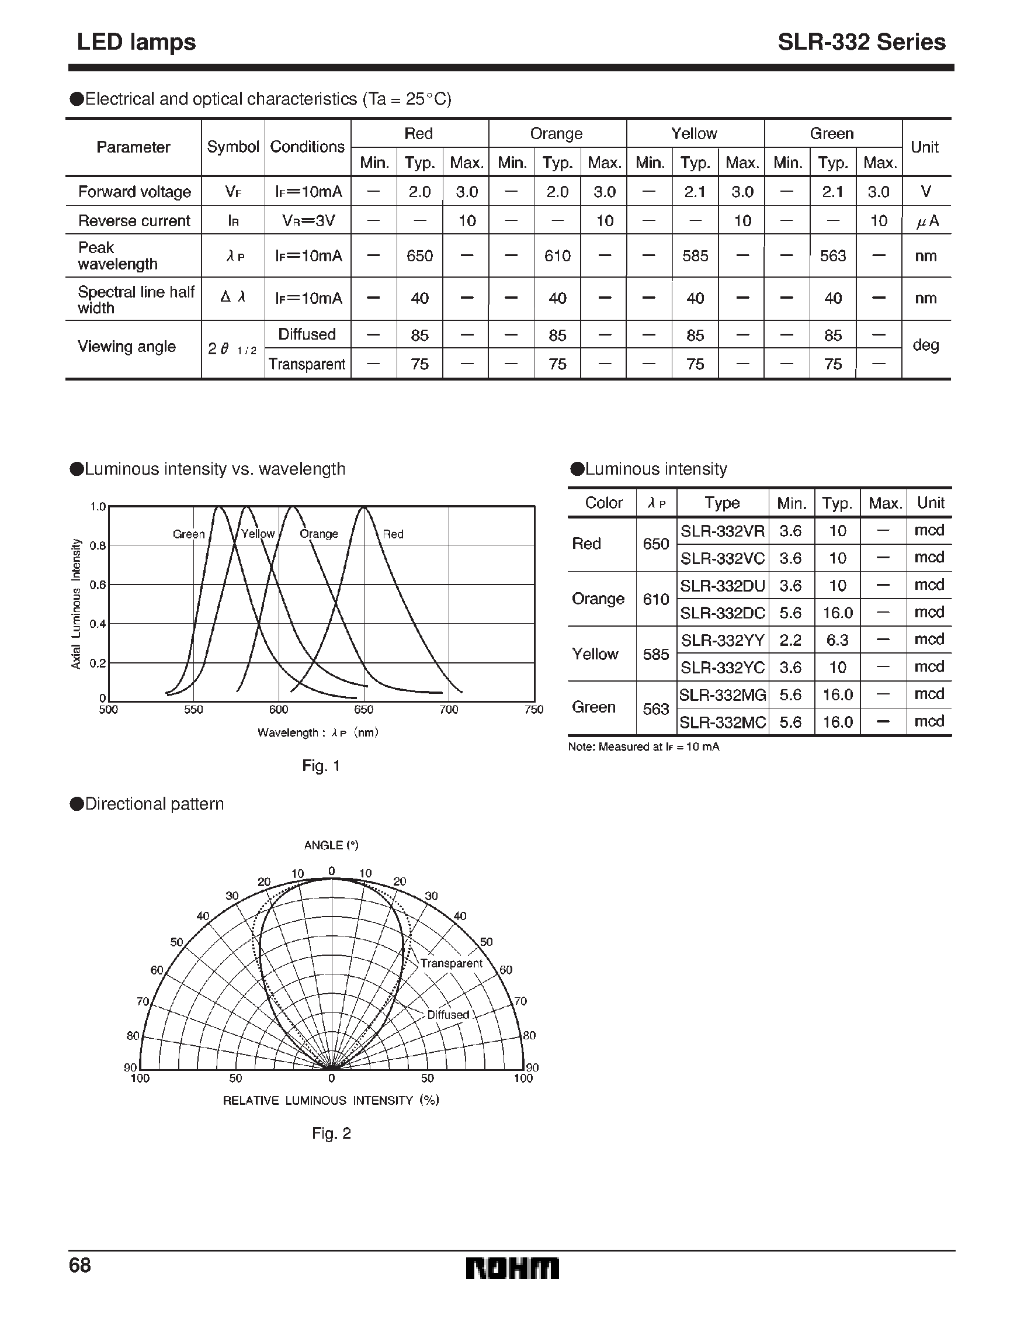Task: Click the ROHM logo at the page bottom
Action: (512, 1268)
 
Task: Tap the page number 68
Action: (79, 1264)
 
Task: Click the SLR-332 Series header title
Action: (860, 42)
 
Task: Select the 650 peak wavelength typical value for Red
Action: (419, 255)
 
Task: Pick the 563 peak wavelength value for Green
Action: (833, 255)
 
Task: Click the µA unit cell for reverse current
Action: (926, 222)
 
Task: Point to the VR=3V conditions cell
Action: (308, 221)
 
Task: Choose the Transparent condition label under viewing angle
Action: (307, 364)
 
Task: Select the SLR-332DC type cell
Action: (722, 613)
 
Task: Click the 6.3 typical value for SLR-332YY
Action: (837, 640)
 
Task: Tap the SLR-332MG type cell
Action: (722, 694)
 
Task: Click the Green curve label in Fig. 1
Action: (189, 534)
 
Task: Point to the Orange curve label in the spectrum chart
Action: (319, 534)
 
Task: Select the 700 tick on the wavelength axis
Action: (449, 710)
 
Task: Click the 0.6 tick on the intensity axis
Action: (98, 585)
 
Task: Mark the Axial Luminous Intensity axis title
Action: (76, 604)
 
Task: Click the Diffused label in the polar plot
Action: (448, 1015)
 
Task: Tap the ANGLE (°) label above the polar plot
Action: (331, 845)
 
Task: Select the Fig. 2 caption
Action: (331, 1133)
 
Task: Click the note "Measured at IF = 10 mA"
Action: (643, 747)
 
